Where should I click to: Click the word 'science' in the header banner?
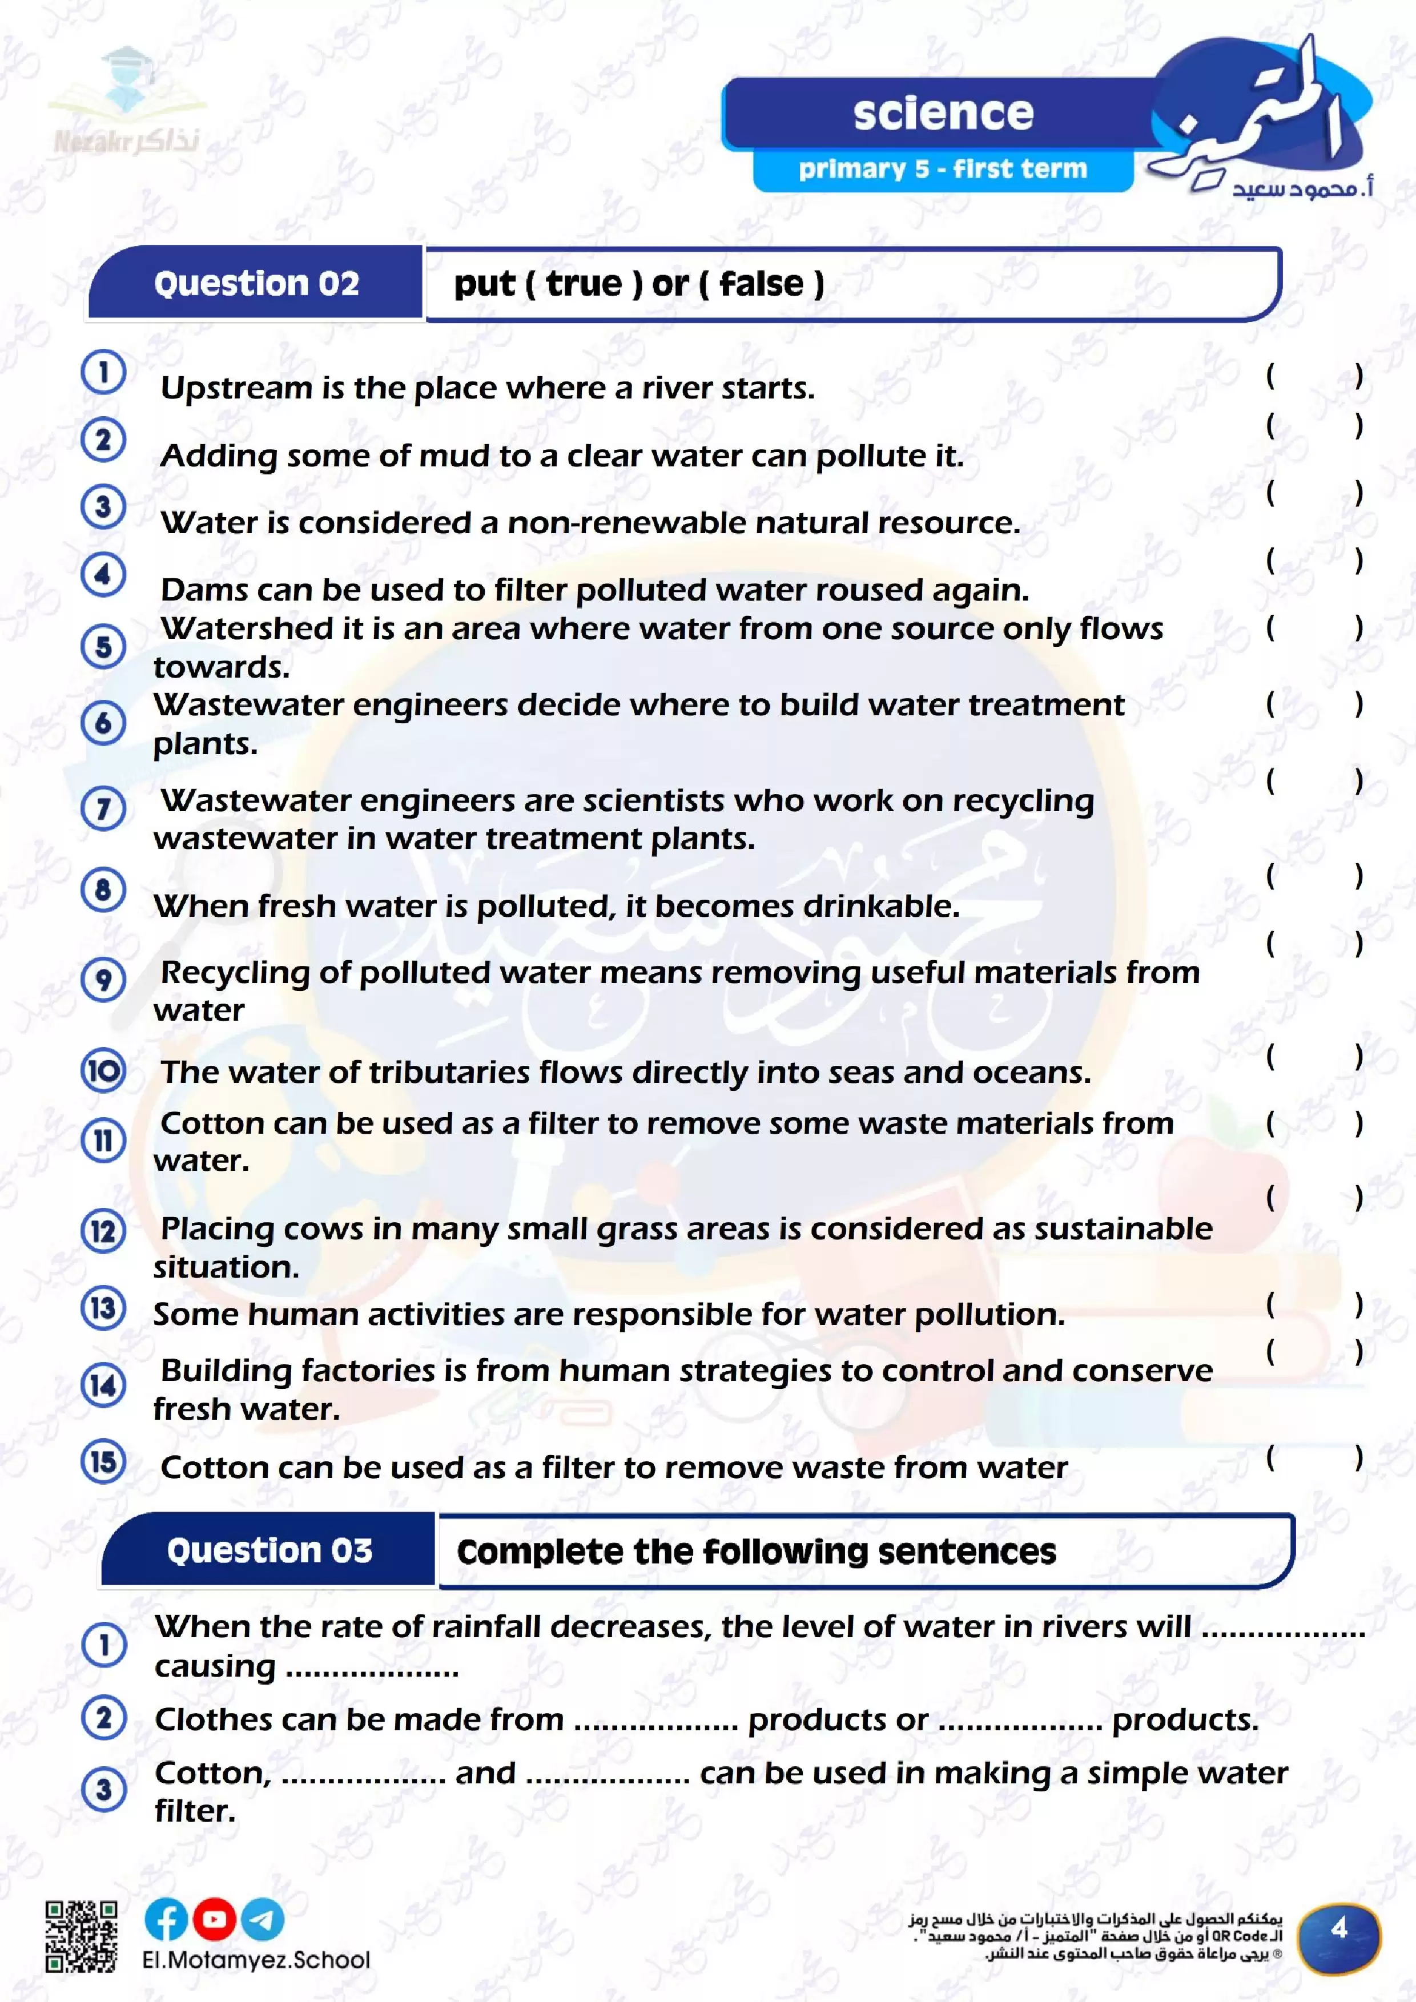click(x=943, y=114)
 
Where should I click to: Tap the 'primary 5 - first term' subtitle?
click(x=943, y=168)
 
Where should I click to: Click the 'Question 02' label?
click(x=256, y=283)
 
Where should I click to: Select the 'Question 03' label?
click(x=269, y=1550)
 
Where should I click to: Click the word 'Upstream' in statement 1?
click(x=235, y=389)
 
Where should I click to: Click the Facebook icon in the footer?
click(x=166, y=1919)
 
